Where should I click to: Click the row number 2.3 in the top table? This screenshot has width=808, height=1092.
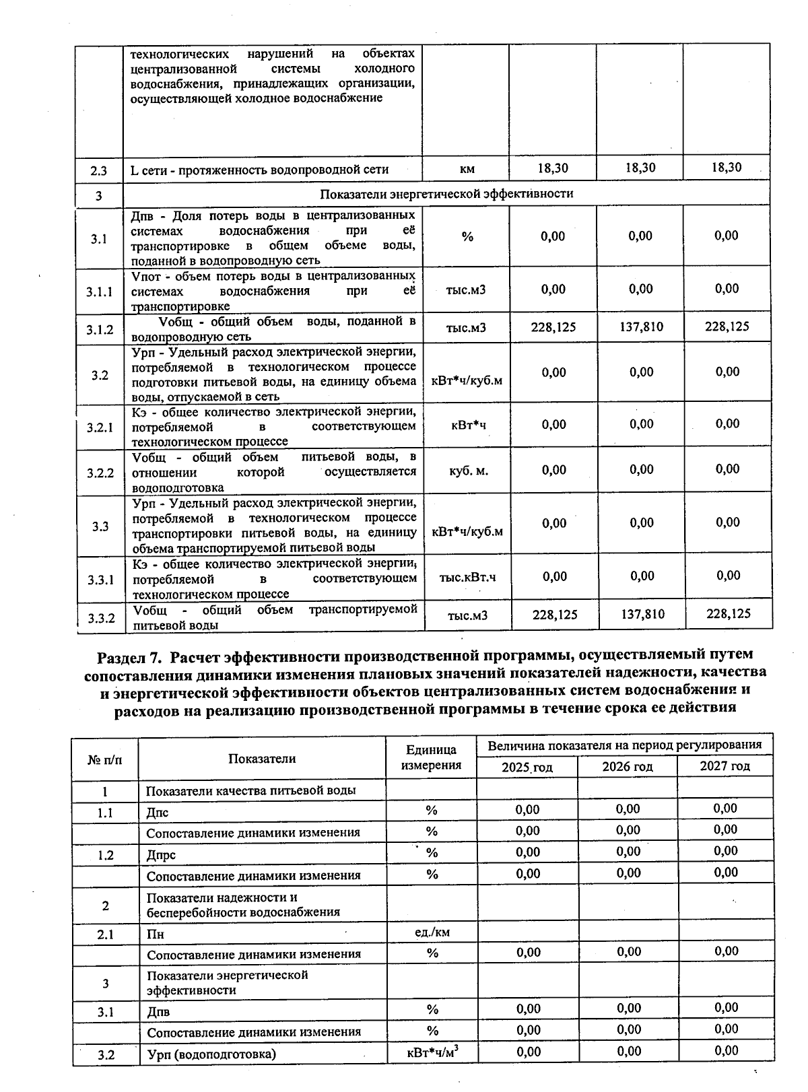(x=98, y=171)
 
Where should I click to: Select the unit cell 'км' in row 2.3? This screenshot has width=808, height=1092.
(x=467, y=170)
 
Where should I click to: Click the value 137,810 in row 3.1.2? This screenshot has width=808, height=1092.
(x=640, y=327)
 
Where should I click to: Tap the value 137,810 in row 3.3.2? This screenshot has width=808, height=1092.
(x=642, y=614)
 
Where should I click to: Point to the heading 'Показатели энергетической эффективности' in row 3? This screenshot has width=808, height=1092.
(x=446, y=195)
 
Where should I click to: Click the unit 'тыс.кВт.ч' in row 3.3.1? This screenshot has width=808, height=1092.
(x=467, y=577)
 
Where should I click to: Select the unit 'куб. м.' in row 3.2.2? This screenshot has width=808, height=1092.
(x=468, y=471)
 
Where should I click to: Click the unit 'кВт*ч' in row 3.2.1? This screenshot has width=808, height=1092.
(x=468, y=425)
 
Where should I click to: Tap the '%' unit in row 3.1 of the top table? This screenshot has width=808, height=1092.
(x=467, y=236)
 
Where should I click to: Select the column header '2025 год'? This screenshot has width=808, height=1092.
(x=527, y=767)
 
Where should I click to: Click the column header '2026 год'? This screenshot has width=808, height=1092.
(x=628, y=767)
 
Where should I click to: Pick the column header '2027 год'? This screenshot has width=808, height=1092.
(x=725, y=766)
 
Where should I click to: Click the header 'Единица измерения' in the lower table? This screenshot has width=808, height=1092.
(x=431, y=757)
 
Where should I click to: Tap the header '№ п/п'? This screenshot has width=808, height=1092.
(x=105, y=759)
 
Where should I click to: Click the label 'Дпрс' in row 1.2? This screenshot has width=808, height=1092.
(x=161, y=855)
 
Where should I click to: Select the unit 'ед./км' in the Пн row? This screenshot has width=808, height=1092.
(x=432, y=932)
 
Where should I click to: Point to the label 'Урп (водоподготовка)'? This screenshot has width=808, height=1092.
(x=211, y=1055)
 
